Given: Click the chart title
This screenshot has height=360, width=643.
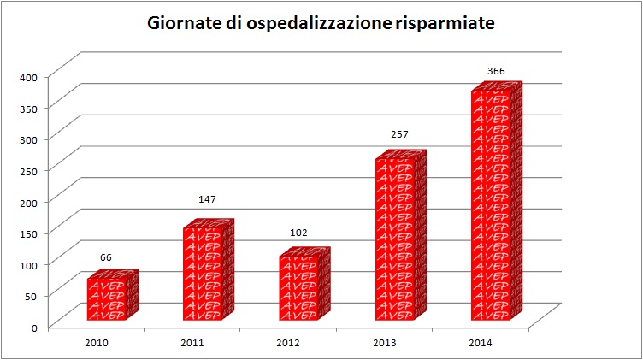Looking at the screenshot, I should coord(321,24).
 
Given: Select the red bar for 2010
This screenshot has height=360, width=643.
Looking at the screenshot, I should coord(107,299).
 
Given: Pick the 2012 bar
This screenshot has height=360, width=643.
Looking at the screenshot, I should coord(299,288).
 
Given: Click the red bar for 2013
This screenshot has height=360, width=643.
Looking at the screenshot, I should coord(395,239).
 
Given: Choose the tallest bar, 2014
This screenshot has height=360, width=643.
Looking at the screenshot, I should coord(491,205).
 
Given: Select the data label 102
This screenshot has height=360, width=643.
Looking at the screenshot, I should coord(299,233).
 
